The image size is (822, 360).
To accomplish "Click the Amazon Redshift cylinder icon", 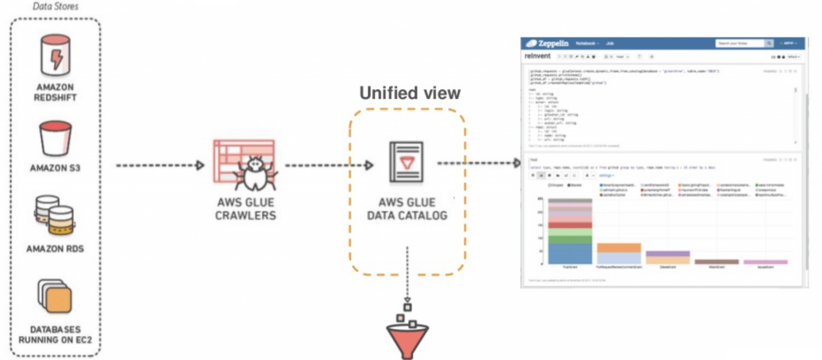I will click(x=55, y=55).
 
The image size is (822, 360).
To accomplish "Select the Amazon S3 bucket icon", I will click(x=55, y=139).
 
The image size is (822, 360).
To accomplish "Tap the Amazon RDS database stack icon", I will click(x=55, y=215).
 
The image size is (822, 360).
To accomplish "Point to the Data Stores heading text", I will click(x=55, y=6).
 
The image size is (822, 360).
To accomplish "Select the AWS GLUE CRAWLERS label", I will click(x=246, y=209).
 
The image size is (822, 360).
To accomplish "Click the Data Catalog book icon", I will click(x=406, y=162).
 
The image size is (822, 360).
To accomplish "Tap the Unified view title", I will click(x=410, y=93).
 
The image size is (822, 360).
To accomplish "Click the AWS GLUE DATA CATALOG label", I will click(x=407, y=209).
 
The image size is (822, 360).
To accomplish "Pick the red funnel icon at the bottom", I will click(x=407, y=339).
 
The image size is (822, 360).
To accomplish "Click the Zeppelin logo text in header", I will click(x=553, y=43).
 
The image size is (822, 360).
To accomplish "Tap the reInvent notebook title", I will click(x=537, y=56).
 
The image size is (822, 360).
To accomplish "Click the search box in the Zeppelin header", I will click(x=739, y=43).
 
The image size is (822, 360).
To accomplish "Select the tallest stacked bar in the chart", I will click(x=570, y=232).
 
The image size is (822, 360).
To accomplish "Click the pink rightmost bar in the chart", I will click(x=765, y=262).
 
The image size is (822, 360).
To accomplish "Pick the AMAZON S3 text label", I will click(x=55, y=168).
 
